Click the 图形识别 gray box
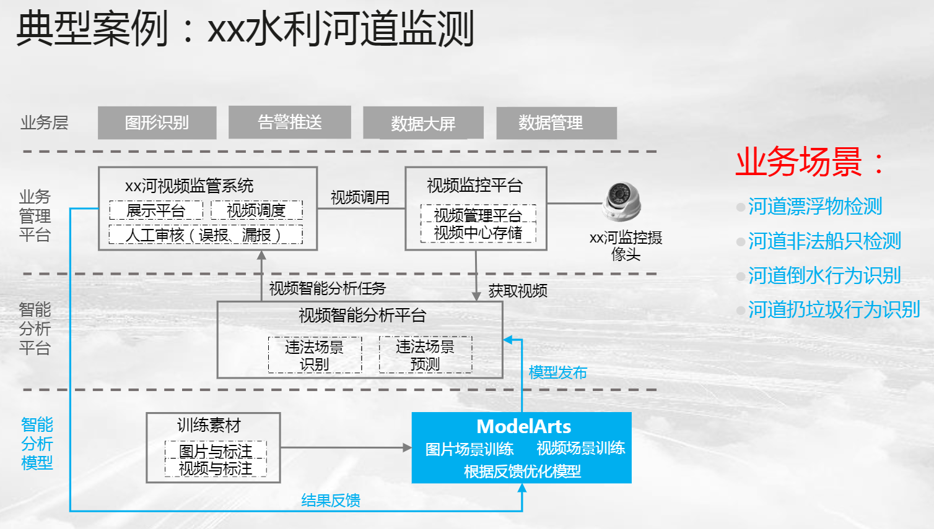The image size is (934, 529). [x=157, y=123]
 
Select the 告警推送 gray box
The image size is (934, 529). [x=289, y=122]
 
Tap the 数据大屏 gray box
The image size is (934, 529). [x=423, y=123]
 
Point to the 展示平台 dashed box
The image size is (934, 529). [x=156, y=210]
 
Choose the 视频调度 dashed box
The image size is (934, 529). [x=256, y=210]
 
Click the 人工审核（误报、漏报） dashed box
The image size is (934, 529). [x=205, y=235]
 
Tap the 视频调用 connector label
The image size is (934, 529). [x=360, y=197]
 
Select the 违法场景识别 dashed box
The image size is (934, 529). [x=315, y=355]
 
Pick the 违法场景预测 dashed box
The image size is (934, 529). [x=426, y=355]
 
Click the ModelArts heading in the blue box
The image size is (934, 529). [x=523, y=426]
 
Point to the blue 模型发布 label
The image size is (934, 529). [x=557, y=372]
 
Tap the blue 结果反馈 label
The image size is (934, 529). [x=331, y=501]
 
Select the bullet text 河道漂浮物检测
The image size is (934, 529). [x=814, y=207]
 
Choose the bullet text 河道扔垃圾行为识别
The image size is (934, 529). [x=834, y=309]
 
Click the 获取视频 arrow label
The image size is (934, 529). [x=518, y=290]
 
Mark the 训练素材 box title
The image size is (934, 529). [x=209, y=426]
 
